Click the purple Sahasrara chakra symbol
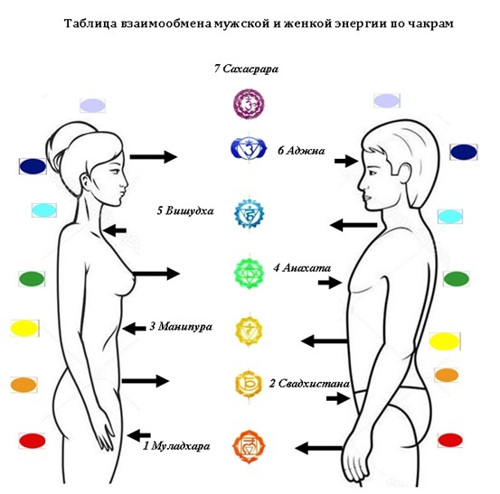(x=249, y=104)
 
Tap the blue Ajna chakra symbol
(x=249, y=148)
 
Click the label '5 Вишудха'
(x=185, y=210)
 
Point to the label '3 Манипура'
(x=181, y=326)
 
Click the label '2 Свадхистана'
(x=309, y=384)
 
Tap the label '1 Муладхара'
(x=176, y=445)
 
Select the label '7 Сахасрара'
(x=246, y=69)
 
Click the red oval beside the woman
(x=33, y=441)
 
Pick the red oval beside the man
(x=450, y=440)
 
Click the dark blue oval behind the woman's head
(x=33, y=166)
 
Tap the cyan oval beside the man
(x=450, y=217)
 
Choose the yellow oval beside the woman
(x=24, y=329)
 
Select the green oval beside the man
(x=457, y=279)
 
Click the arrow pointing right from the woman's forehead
(x=154, y=156)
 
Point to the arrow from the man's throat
(x=354, y=225)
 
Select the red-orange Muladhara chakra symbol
(x=249, y=446)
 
